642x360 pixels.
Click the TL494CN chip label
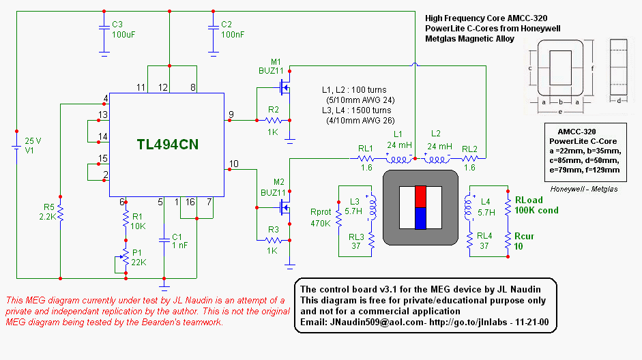[168, 145]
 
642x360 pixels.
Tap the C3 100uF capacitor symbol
[104, 28]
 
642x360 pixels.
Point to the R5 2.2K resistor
[60, 211]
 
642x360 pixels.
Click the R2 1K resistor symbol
[273, 121]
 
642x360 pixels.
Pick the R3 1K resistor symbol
[273, 240]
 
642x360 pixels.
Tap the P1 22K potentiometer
[126, 258]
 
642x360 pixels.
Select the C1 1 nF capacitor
[164, 239]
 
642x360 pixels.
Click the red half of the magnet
[420, 196]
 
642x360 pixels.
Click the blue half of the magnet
[420, 218]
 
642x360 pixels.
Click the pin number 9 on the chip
[231, 113]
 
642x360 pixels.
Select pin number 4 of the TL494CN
[106, 97]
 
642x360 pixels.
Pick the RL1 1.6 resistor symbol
[365, 158]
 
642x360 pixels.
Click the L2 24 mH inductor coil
[437, 159]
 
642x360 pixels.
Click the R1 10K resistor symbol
[126, 219]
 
